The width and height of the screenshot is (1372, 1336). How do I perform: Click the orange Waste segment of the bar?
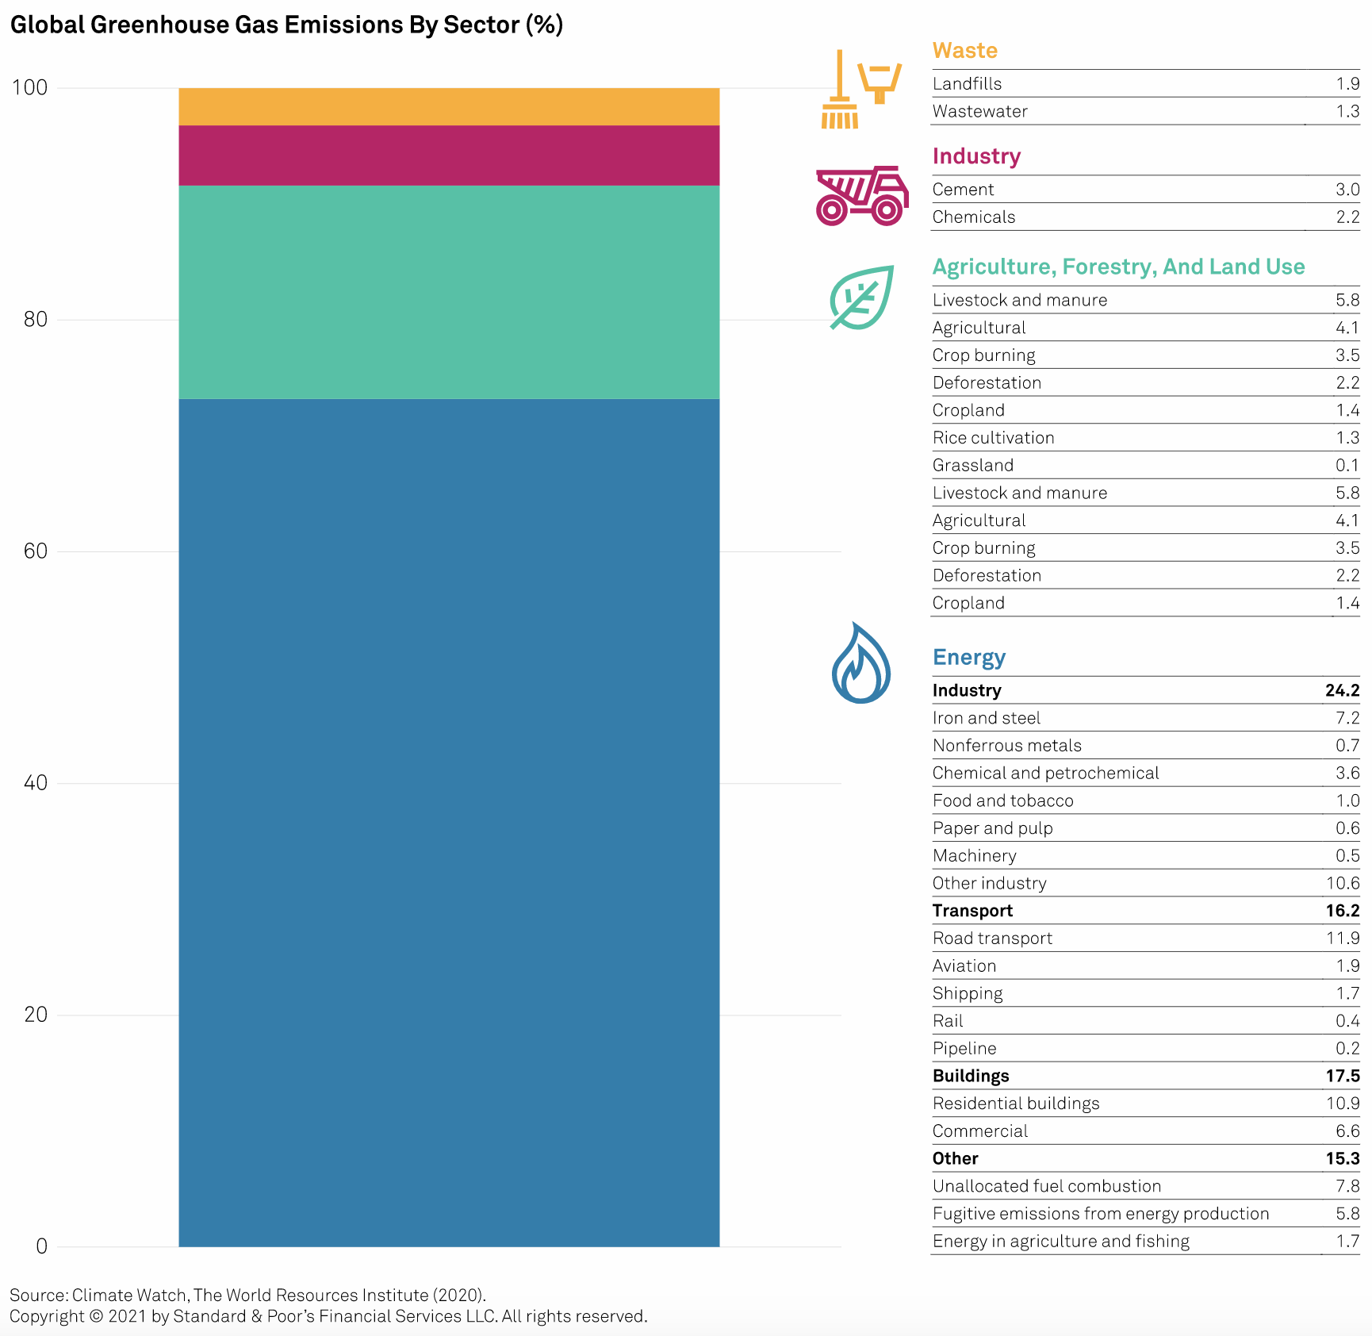[449, 106]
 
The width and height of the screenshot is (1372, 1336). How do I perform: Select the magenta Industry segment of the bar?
[449, 155]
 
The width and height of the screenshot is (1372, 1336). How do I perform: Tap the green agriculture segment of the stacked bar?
[449, 292]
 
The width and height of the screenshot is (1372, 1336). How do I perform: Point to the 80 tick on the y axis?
[36, 320]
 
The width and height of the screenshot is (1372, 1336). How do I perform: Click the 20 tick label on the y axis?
[36, 1015]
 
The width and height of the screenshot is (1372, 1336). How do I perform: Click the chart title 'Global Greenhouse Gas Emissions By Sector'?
[286, 25]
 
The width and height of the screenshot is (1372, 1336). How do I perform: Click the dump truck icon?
[861, 196]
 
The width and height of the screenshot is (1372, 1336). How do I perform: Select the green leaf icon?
[861, 298]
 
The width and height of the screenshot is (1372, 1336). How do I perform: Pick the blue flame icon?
[860, 664]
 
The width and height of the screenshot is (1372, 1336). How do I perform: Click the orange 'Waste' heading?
[964, 51]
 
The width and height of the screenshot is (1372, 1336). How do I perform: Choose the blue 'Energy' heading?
[968, 658]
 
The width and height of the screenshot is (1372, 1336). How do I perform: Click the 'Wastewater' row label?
[979, 112]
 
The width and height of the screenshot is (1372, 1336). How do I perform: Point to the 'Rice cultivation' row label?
[993, 438]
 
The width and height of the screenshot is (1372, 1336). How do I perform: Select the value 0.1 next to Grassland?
[1347, 466]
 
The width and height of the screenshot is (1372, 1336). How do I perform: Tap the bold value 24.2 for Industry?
[1342, 691]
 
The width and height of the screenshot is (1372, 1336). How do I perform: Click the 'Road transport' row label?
[992, 939]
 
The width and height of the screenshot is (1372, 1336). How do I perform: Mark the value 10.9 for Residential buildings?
[1343, 1104]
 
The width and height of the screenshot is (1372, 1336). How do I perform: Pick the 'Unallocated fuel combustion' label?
[1046, 1186]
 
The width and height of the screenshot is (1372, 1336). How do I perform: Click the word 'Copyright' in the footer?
[47, 1316]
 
